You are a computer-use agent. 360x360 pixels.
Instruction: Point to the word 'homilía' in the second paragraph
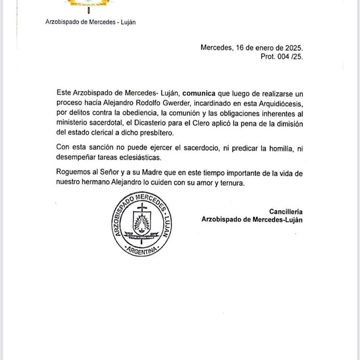coord(278,148)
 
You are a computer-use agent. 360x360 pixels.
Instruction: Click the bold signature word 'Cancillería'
coord(286,211)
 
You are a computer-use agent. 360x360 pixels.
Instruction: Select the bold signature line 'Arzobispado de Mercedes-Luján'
coord(253,220)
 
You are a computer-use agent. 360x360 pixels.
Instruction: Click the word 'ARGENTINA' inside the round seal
coord(141,251)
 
